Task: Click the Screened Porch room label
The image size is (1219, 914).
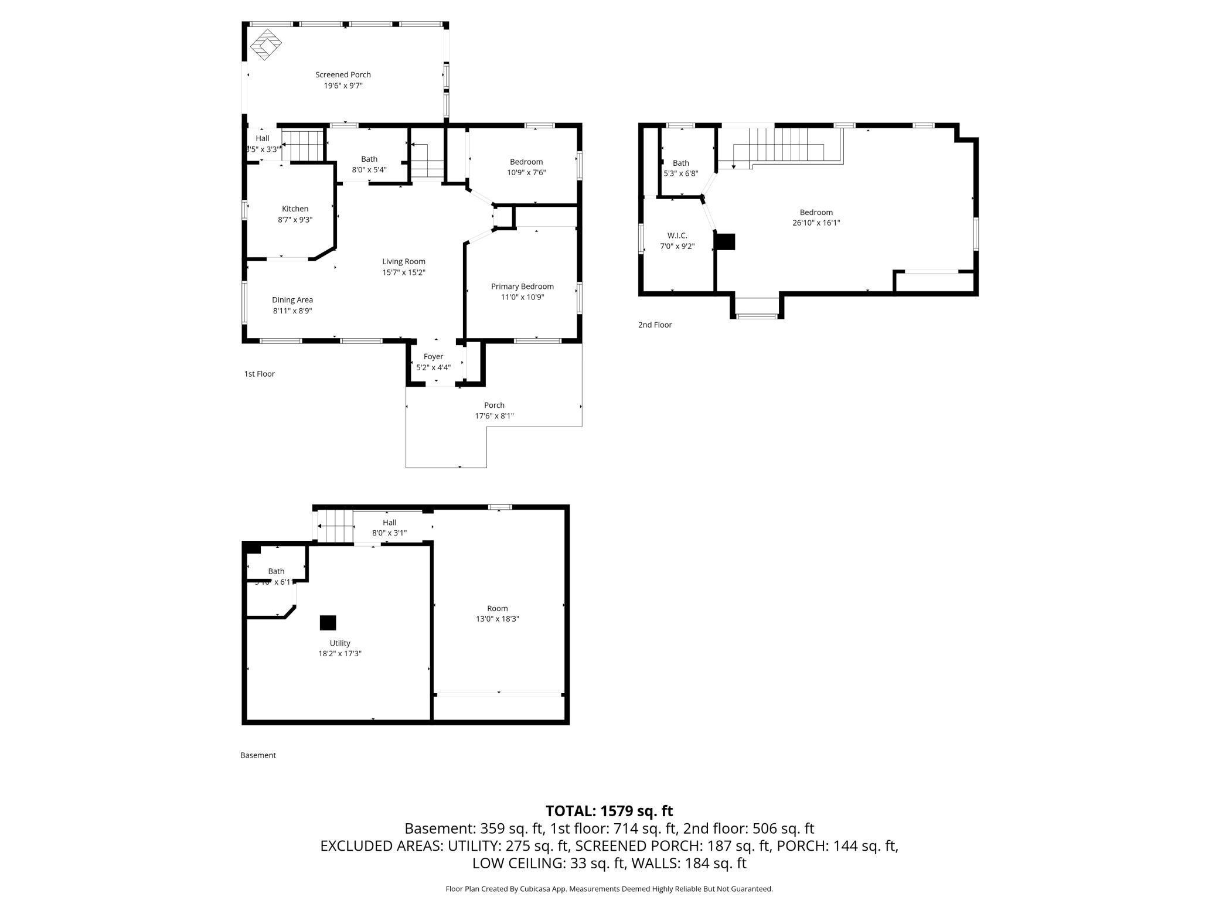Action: (343, 74)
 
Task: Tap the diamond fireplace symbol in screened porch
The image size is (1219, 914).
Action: (266, 45)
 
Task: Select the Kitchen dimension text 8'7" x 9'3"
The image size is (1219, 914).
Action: (295, 220)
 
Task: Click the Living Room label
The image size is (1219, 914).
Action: (404, 261)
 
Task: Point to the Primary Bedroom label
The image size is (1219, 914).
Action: (522, 287)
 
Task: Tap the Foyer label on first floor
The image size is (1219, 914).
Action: (433, 356)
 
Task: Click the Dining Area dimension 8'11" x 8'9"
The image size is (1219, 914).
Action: (292, 311)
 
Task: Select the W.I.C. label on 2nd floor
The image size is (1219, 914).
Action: (677, 236)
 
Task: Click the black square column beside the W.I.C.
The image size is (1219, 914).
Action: (726, 242)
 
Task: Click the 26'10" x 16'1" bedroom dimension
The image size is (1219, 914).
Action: (816, 223)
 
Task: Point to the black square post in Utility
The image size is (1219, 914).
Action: (328, 623)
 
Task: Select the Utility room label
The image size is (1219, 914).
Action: (340, 643)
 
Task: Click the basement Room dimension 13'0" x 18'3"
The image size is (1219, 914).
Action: (497, 619)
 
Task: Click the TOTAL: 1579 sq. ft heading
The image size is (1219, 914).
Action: (609, 811)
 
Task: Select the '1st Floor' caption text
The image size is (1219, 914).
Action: (259, 374)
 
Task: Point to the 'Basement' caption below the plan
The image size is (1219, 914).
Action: (258, 755)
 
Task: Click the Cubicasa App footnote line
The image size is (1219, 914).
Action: (609, 889)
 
